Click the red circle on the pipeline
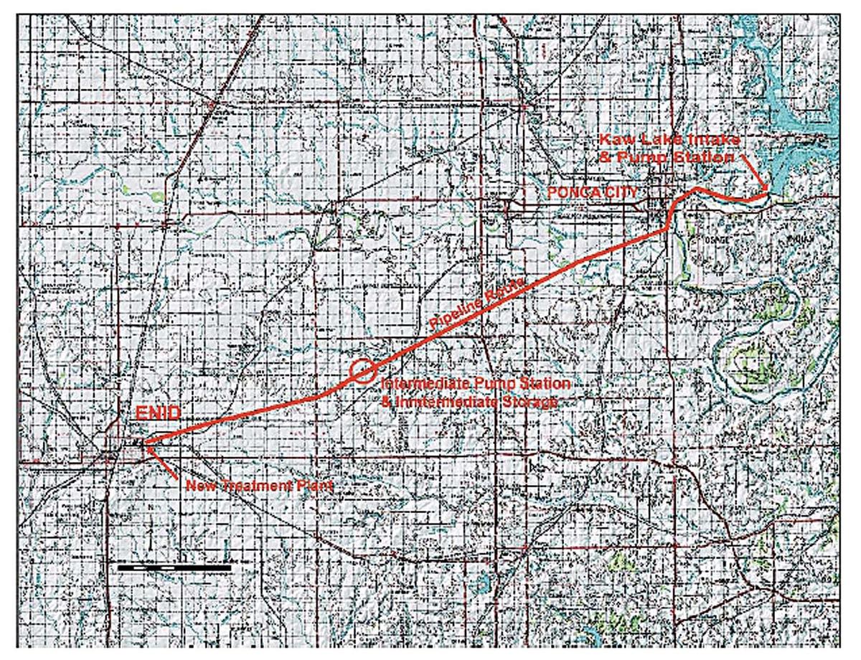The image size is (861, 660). click(x=363, y=370)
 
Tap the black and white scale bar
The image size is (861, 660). click(x=174, y=567)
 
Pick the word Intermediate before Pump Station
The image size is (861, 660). click(x=419, y=385)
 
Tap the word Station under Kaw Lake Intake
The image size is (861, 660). click(x=704, y=156)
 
